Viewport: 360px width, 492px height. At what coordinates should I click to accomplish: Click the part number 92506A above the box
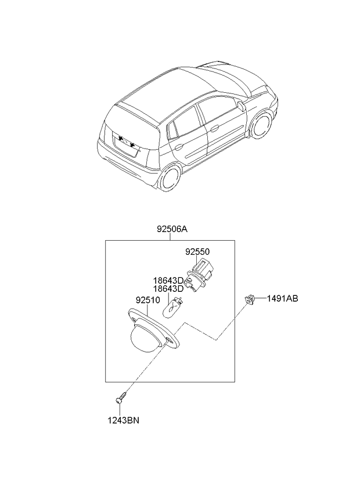pyautogui.click(x=172, y=229)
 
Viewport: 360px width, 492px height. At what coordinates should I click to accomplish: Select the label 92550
pyautogui.click(x=197, y=252)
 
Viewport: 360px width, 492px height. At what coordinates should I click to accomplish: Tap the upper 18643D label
pyautogui.click(x=168, y=280)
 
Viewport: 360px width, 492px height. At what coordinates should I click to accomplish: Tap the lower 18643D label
pyautogui.click(x=168, y=289)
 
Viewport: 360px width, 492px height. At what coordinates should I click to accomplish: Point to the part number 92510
pyautogui.click(x=148, y=301)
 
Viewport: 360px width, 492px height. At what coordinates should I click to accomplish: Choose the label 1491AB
pyautogui.click(x=282, y=298)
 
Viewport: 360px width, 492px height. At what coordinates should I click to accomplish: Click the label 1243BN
pyautogui.click(x=124, y=421)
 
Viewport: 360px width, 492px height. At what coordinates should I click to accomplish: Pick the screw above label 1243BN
pyautogui.click(x=121, y=397)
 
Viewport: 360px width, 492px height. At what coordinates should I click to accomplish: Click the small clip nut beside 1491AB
pyautogui.click(x=250, y=299)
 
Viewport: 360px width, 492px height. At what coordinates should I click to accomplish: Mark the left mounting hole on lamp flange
pyautogui.click(x=135, y=320)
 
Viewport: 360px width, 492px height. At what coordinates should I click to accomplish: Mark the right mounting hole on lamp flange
pyautogui.click(x=170, y=341)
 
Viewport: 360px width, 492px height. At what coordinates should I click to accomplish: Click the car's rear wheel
pyautogui.click(x=169, y=178)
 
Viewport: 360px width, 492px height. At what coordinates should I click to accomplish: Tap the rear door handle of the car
pyautogui.click(x=179, y=146)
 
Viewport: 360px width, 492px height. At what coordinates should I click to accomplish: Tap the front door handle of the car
pyautogui.click(x=215, y=128)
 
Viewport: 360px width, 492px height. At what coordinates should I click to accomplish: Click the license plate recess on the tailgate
pyautogui.click(x=126, y=144)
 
